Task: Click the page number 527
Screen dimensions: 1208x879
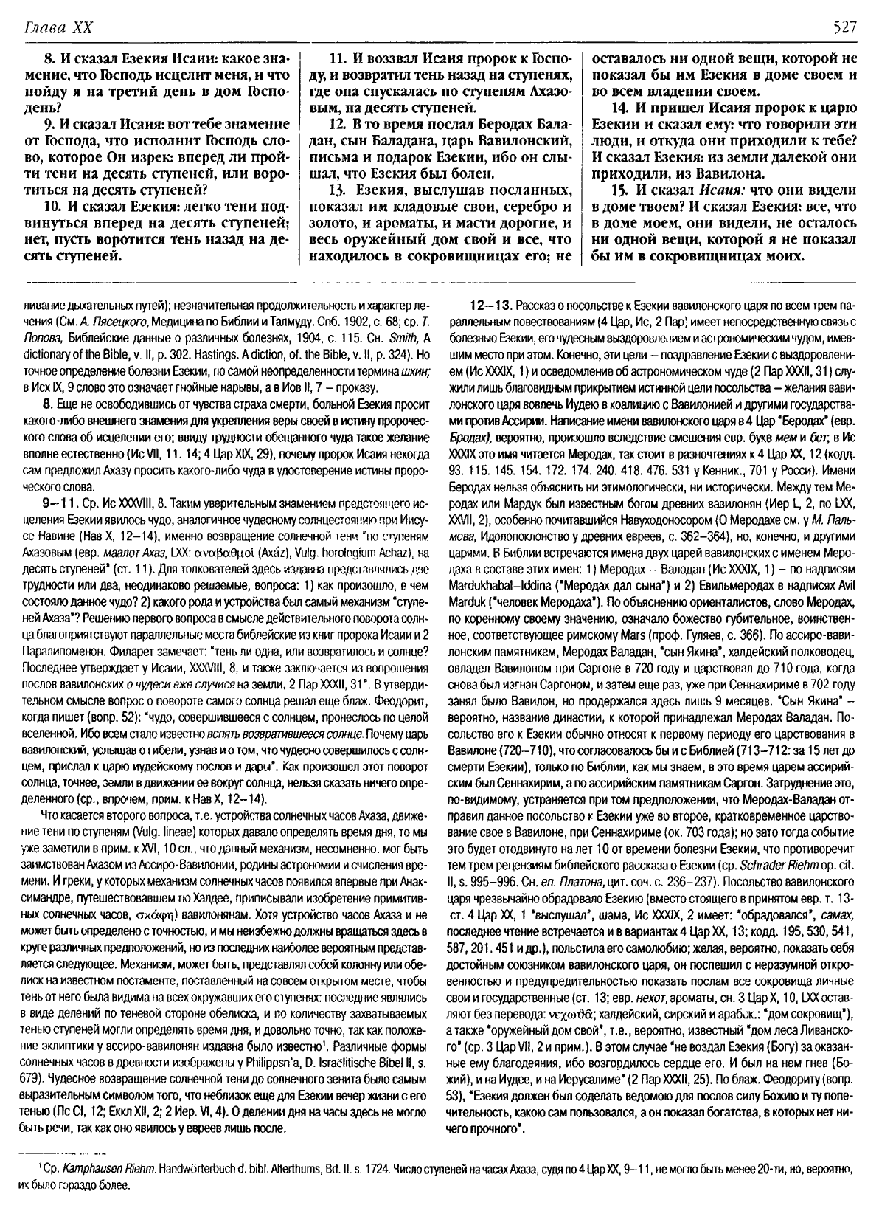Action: click(x=844, y=28)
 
